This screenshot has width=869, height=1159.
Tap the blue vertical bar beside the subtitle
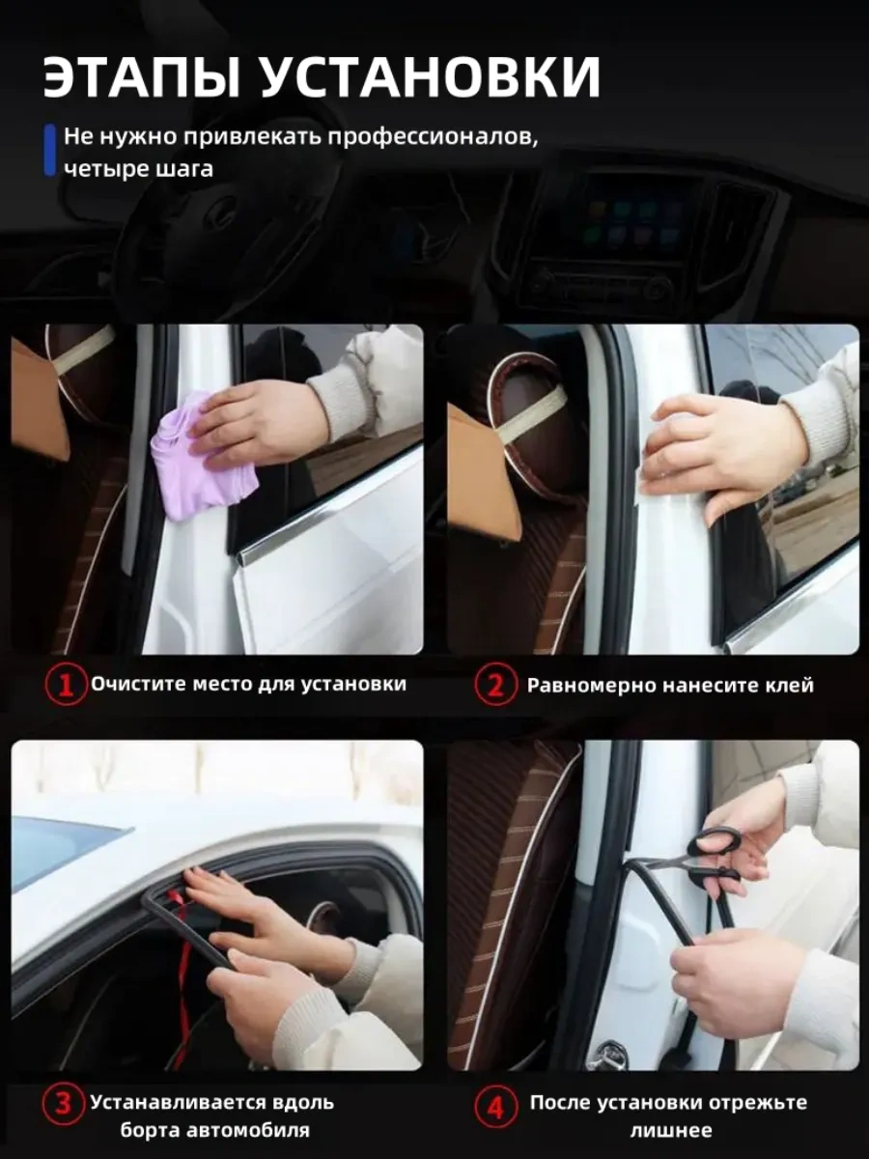pyautogui.click(x=50, y=150)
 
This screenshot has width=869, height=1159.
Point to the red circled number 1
pyautogui.click(x=66, y=686)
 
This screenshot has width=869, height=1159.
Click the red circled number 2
pyautogui.click(x=495, y=686)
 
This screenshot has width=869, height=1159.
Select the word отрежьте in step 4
pyautogui.click(x=758, y=1100)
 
